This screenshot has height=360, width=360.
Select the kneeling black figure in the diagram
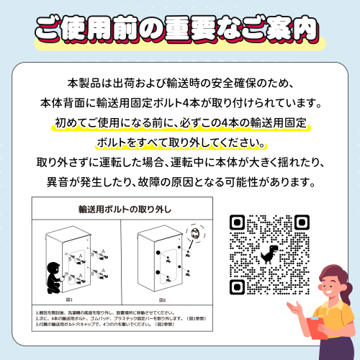coord(54,276)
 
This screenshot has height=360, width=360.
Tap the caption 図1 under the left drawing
coord(70,300)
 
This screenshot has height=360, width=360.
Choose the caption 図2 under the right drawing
coord(161,300)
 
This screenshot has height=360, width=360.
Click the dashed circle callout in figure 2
coord(193,234)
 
